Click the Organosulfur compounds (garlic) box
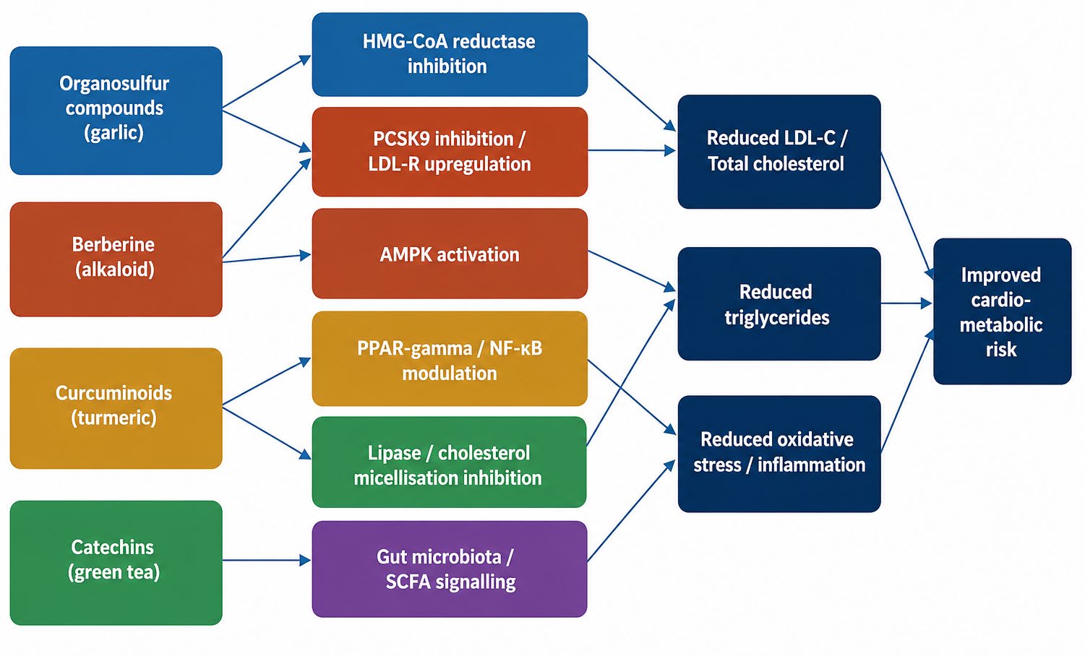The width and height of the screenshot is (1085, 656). click(x=116, y=111)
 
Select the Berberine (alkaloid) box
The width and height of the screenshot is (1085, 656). click(x=116, y=259)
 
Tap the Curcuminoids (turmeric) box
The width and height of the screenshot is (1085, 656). click(x=116, y=408)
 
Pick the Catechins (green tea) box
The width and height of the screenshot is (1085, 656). click(x=116, y=563)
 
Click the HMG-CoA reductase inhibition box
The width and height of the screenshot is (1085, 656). click(x=450, y=54)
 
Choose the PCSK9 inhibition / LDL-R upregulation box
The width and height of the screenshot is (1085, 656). click(x=450, y=152)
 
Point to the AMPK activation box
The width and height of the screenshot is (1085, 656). click(x=450, y=253)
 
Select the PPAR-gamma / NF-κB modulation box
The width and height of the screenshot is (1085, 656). click(x=450, y=358)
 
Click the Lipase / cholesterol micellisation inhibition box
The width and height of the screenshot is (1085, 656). click(x=449, y=462)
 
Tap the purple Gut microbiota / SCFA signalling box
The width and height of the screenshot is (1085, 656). click(x=450, y=569)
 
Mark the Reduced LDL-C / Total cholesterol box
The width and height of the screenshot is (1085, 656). click(x=779, y=152)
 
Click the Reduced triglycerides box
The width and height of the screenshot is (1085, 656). click(x=779, y=303)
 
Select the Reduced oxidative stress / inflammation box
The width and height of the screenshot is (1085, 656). click(x=779, y=454)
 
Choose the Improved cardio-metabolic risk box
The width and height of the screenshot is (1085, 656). click(x=1002, y=311)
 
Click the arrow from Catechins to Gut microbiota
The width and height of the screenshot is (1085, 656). click(x=267, y=560)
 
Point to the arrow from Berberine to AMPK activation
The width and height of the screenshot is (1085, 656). click(x=267, y=258)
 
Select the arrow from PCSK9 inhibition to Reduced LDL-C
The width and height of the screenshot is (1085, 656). click(x=632, y=150)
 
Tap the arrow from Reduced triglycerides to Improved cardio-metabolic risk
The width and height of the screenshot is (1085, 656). click(x=906, y=303)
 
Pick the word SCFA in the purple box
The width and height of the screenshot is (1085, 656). click(x=408, y=582)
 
